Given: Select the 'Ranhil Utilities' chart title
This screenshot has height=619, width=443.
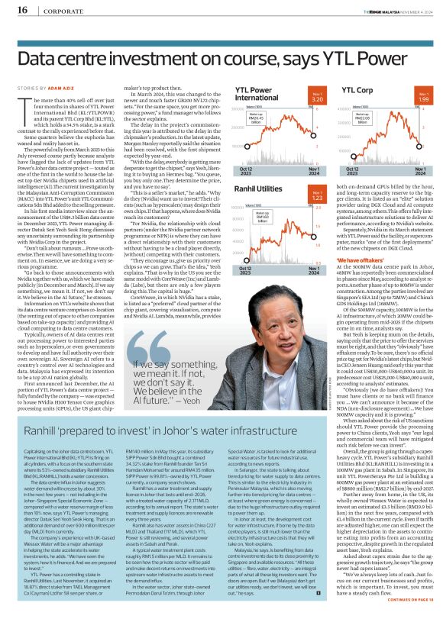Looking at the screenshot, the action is pyautogui.click(x=258, y=187).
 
